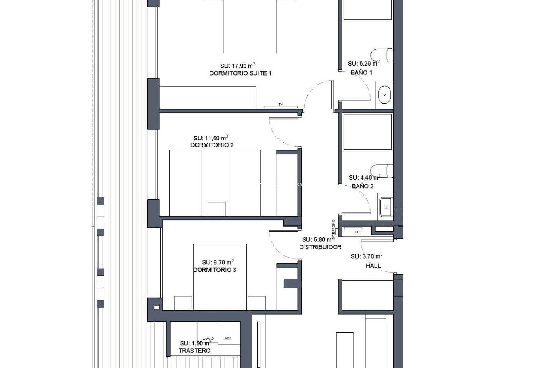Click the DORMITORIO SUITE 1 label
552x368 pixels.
tap(240, 73)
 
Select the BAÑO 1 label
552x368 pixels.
tap(361, 73)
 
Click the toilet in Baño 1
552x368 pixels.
tap(382, 55)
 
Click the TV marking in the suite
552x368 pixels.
tap(281, 105)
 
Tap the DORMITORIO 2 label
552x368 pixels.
tap(212, 145)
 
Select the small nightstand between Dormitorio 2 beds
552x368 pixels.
tap(216, 209)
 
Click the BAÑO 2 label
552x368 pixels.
tap(363, 186)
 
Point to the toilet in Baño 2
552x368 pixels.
tap(382, 171)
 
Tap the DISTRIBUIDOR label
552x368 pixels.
tap(320, 247)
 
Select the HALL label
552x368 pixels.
tap(373, 266)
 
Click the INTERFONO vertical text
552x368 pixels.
tap(333, 229)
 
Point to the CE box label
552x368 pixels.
tap(357, 232)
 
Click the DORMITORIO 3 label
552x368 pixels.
tap(214, 270)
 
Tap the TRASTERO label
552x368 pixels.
tap(194, 351)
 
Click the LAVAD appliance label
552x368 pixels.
tap(208, 338)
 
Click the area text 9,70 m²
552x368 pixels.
tap(218, 262)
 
